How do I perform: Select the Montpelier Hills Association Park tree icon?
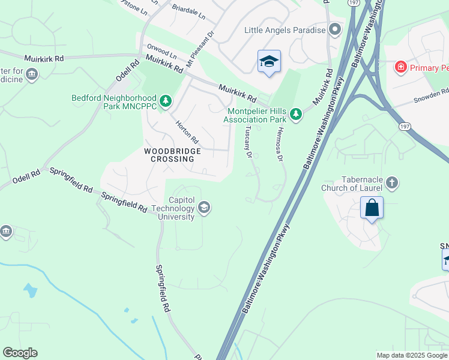click(295, 113)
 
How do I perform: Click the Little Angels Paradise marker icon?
click(335, 29)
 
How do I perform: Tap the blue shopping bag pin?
click(372, 208)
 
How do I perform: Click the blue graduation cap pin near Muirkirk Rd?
click(269, 61)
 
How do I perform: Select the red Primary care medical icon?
click(400, 67)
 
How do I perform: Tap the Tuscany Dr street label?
click(247, 144)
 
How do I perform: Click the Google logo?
click(20, 353)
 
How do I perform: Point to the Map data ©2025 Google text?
click(412, 355)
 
